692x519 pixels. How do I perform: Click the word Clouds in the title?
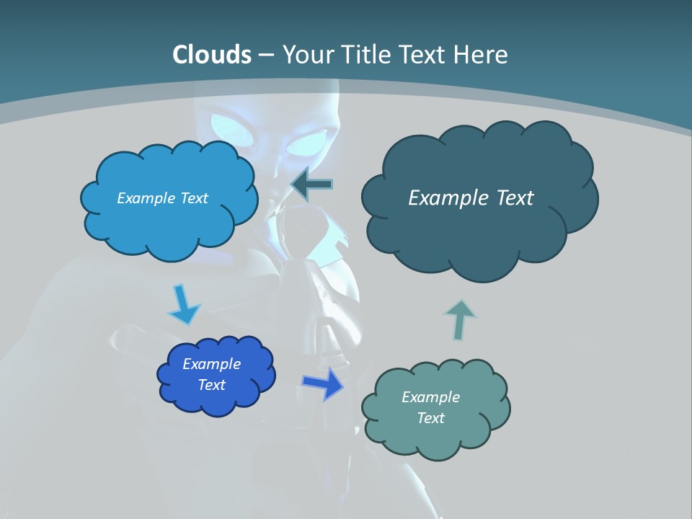click(212, 55)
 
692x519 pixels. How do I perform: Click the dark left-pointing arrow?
click(312, 185)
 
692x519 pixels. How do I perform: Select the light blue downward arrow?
click(184, 306)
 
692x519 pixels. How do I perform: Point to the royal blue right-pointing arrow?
click(324, 383)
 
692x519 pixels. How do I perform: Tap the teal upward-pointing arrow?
click(460, 319)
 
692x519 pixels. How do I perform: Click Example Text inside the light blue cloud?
click(162, 198)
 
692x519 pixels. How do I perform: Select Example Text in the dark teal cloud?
click(471, 198)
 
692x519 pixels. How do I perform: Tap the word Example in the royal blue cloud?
click(211, 364)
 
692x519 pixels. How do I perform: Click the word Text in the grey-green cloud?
click(430, 418)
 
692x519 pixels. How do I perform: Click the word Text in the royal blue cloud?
click(211, 385)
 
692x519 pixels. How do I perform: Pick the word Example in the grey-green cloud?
click(430, 397)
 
